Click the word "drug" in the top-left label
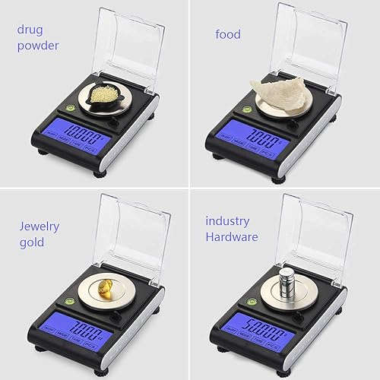pos(32,30)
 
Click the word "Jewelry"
pos(39,226)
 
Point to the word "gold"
pos(32,243)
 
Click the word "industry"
pos(227,221)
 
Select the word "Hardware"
pos(233,237)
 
